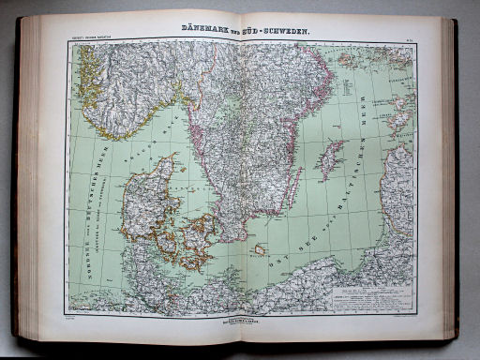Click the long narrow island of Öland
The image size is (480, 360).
(294, 187)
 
